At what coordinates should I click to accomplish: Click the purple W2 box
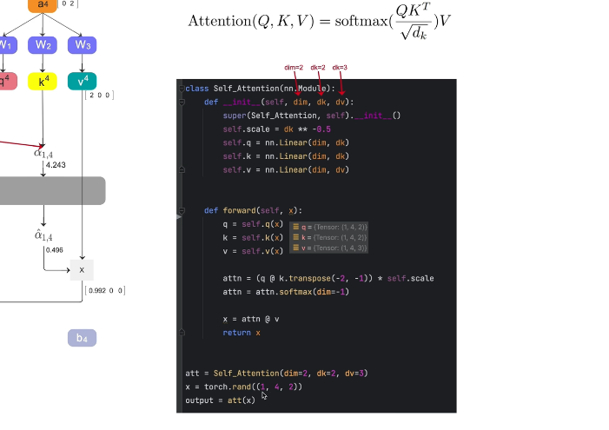43,44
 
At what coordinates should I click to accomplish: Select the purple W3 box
82,44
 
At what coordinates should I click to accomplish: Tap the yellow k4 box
43,82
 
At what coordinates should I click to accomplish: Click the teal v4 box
82,82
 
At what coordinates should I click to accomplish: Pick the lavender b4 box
82,338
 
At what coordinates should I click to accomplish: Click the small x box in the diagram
82,269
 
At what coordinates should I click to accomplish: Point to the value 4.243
56,165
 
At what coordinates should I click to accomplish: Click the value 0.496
54,250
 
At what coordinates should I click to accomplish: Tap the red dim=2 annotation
294,68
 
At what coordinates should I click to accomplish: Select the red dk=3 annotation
340,68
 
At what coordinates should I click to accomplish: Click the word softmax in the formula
347,20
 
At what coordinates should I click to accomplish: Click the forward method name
252,210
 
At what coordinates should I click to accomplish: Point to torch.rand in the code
219,387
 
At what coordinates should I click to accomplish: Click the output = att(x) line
221,400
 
